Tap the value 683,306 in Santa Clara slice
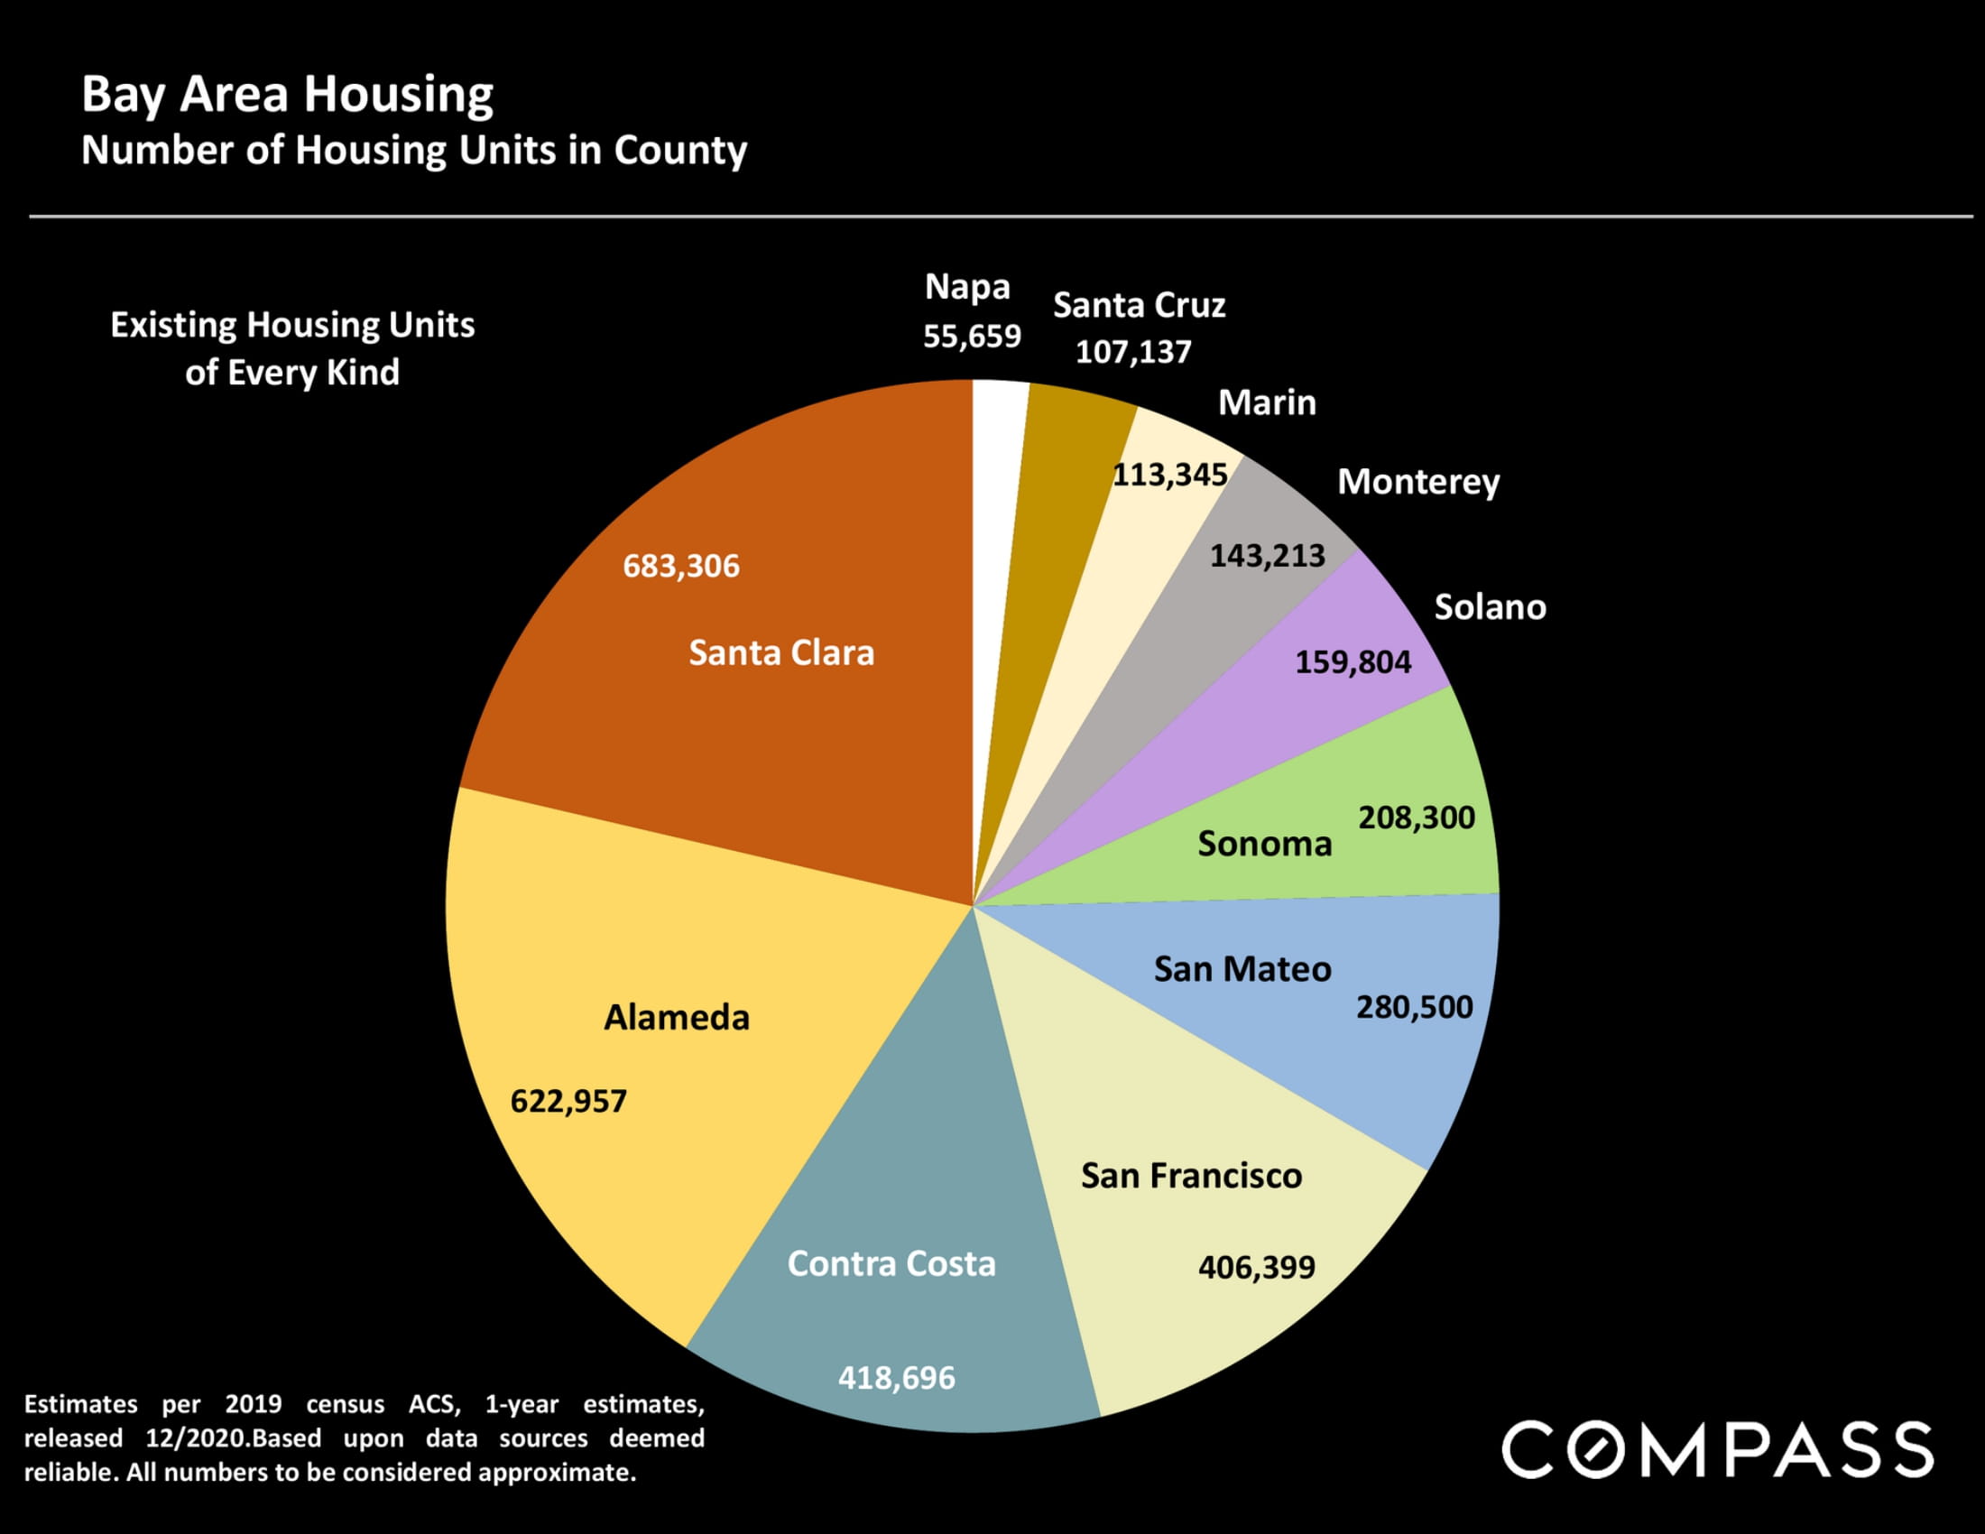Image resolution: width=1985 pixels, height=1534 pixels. (x=680, y=566)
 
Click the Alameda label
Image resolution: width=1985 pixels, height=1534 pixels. (x=676, y=1017)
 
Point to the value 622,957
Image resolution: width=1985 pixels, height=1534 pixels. (x=568, y=1102)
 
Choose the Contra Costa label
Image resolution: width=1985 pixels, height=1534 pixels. (x=891, y=1263)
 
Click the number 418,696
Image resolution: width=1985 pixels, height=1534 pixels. (x=896, y=1378)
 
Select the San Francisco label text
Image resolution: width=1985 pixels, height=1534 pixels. (x=1191, y=1176)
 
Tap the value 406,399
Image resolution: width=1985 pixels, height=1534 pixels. (x=1256, y=1267)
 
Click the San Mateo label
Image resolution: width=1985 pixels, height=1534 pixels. (x=1242, y=969)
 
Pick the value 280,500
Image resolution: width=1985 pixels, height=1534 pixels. (x=1414, y=1007)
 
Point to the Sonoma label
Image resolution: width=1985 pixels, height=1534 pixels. (x=1264, y=844)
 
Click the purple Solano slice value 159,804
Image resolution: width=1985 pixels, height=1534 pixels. (x=1353, y=661)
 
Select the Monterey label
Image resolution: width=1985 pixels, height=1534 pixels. (x=1417, y=482)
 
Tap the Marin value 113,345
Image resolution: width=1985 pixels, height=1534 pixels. (x=1169, y=475)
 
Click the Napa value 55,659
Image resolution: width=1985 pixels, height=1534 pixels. (x=972, y=337)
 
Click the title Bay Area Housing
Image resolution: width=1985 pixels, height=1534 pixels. (x=287, y=95)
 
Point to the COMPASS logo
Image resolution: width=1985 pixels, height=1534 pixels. (x=1718, y=1449)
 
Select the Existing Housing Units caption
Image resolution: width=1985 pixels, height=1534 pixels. (x=291, y=348)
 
